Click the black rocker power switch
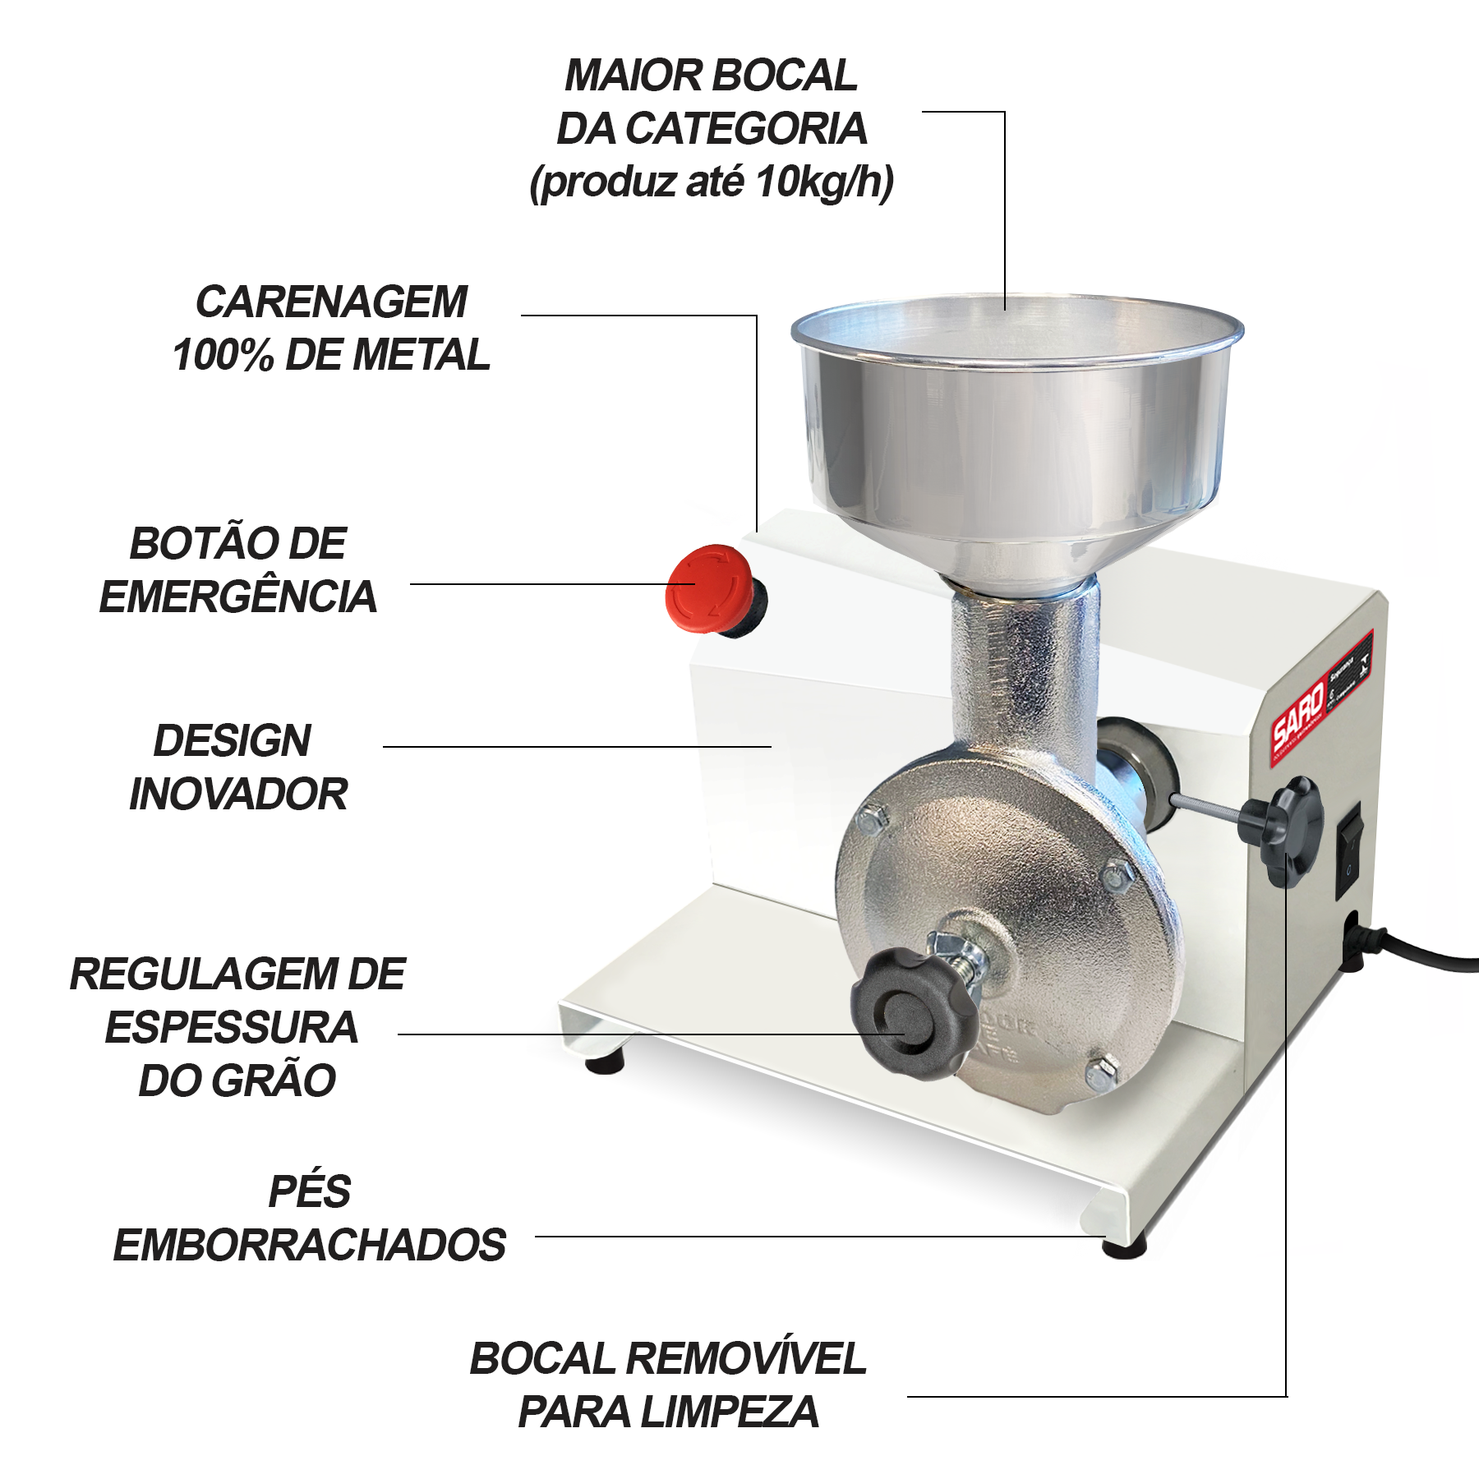click(1349, 850)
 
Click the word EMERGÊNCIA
click(237, 597)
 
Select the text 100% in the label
click(223, 356)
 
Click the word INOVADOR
click(238, 795)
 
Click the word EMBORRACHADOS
click(309, 1246)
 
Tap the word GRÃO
click(274, 1080)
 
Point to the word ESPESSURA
click(232, 1028)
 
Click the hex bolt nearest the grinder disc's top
click(873, 820)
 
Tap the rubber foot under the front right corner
click(1123, 1246)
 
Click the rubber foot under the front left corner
click(605, 1064)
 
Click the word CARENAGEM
click(331, 302)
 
